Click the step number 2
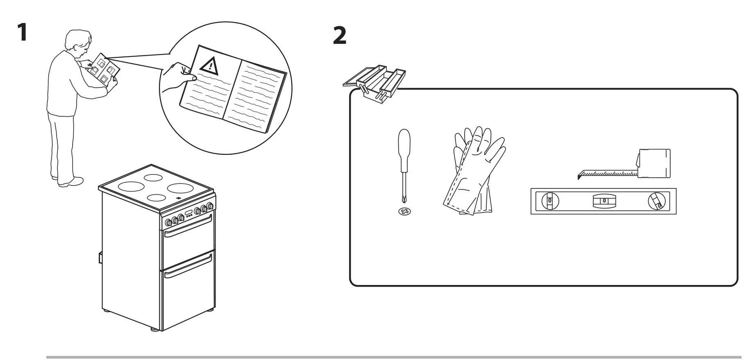(x=339, y=36)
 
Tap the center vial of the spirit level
(x=604, y=201)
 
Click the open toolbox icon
(x=374, y=82)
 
